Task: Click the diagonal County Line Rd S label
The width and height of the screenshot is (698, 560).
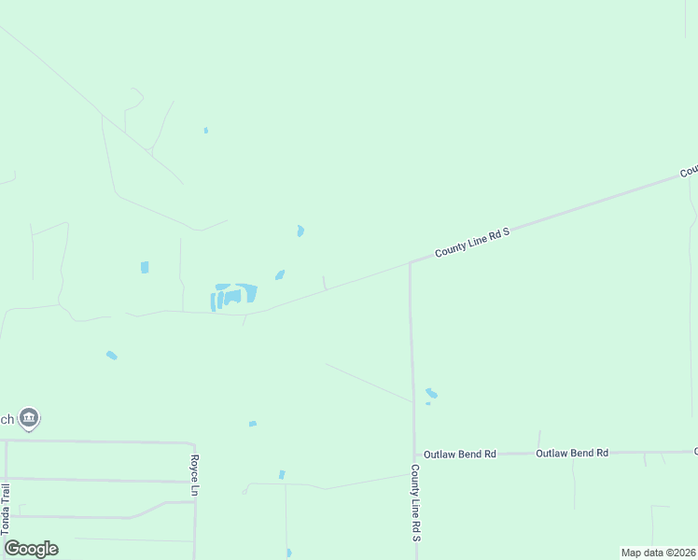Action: pos(473,243)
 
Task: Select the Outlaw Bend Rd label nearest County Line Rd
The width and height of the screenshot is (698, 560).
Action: pos(459,454)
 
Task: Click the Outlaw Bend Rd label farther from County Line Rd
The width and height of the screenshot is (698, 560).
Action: pos(572,453)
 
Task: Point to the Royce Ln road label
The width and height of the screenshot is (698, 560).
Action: pos(195,475)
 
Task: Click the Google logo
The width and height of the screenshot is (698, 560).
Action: pos(31,549)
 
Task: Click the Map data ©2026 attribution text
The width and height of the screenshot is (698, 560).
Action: pos(658,553)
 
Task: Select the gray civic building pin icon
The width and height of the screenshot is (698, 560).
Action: pos(29,418)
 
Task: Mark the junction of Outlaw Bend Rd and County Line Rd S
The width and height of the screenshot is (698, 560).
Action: pos(413,454)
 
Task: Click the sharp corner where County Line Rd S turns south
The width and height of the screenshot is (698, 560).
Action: pos(410,262)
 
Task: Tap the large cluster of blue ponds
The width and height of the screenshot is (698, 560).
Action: pos(233,296)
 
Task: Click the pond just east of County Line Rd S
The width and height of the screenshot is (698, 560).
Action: pos(430,394)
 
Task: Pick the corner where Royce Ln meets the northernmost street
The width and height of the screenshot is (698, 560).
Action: pos(193,444)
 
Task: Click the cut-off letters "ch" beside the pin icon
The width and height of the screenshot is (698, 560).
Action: pos(7,419)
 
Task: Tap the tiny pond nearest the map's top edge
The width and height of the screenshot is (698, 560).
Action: pos(205,130)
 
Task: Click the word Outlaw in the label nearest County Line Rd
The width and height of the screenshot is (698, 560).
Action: pos(440,454)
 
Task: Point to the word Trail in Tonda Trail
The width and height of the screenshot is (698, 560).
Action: pos(7,496)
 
